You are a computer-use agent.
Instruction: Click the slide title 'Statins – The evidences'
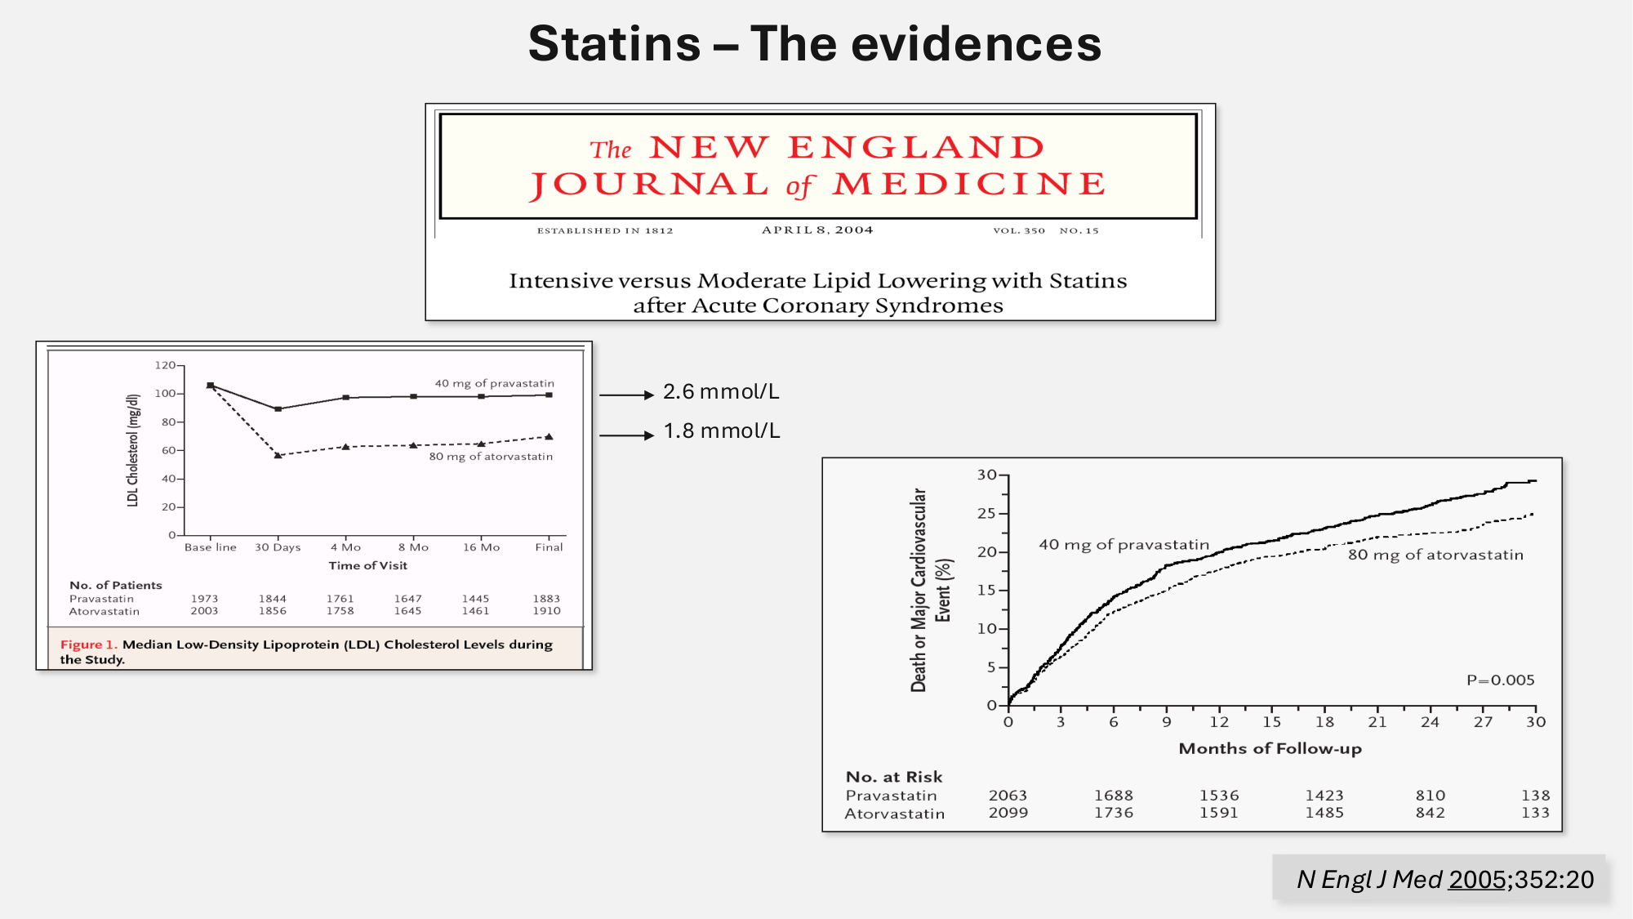[x=815, y=44]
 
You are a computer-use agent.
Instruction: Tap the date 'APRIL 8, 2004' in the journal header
[x=817, y=230]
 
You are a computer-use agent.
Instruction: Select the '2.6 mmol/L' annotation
[x=721, y=392]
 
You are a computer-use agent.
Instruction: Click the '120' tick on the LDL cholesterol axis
[x=165, y=365]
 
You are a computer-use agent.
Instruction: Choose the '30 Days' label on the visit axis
[x=278, y=547]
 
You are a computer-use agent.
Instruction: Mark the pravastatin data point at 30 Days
[x=278, y=408]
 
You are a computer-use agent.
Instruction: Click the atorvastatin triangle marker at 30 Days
[x=278, y=455]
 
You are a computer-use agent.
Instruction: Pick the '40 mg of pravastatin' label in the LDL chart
[x=494, y=383]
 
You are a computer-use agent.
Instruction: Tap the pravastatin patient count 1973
[x=205, y=599]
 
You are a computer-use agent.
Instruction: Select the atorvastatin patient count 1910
[x=547, y=611]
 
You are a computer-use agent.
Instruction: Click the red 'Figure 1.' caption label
[x=89, y=645]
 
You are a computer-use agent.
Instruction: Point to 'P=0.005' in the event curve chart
[x=1501, y=680]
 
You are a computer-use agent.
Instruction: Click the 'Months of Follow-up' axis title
[x=1270, y=748]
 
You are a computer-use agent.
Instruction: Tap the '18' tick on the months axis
[x=1324, y=722]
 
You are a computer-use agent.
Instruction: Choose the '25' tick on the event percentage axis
[x=986, y=514]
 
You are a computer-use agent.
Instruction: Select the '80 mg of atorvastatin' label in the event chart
[x=1435, y=555]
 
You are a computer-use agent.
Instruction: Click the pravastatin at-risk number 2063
[x=1008, y=796]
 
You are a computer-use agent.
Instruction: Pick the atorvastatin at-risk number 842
[x=1430, y=813]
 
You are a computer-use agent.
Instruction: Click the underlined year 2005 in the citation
[x=1477, y=880]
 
